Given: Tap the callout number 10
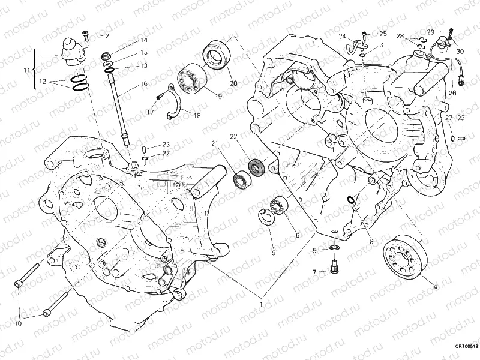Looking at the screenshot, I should [18, 324].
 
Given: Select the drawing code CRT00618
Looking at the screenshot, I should [465, 347].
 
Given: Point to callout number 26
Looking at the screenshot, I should [452, 93].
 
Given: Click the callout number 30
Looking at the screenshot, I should [460, 52].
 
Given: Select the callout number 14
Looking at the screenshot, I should [143, 40].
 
